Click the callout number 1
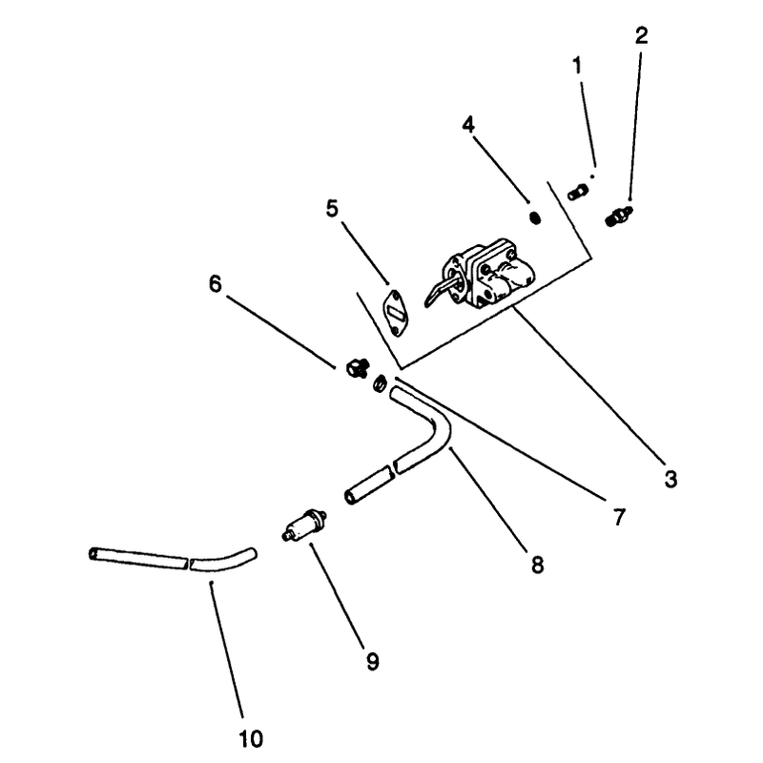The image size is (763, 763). [x=577, y=66]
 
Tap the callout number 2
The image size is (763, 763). [x=641, y=35]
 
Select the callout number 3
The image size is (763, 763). [x=671, y=480]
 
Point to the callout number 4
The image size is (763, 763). [x=468, y=125]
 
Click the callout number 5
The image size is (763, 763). [x=332, y=209]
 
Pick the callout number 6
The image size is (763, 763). [x=216, y=283]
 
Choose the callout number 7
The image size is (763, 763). [x=619, y=517]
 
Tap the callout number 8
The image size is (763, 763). [x=537, y=566]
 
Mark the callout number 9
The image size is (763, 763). [x=372, y=662]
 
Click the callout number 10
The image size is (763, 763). [x=251, y=739]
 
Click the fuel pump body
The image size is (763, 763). [x=486, y=274]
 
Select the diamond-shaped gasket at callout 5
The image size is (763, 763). [x=395, y=313]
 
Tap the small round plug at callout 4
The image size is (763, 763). [x=535, y=217]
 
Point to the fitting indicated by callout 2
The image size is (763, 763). [x=618, y=217]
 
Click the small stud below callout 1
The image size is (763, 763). [x=578, y=192]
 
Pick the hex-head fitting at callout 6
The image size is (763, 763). [x=358, y=367]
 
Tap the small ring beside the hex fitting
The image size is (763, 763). [x=380, y=384]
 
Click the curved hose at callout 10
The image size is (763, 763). [x=173, y=560]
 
